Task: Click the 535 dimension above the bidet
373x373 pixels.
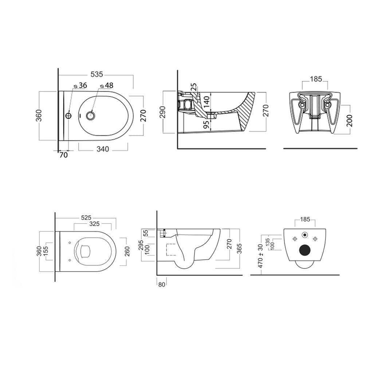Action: [x=97, y=74]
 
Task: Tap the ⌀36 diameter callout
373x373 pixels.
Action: [x=81, y=85]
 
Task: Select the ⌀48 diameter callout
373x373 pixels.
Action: [x=107, y=85]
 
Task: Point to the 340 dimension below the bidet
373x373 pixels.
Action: [x=103, y=149]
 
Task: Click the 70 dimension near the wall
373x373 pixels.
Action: [x=63, y=155]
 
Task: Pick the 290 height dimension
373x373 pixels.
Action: [x=163, y=112]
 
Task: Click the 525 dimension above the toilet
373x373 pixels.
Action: [x=86, y=217]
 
